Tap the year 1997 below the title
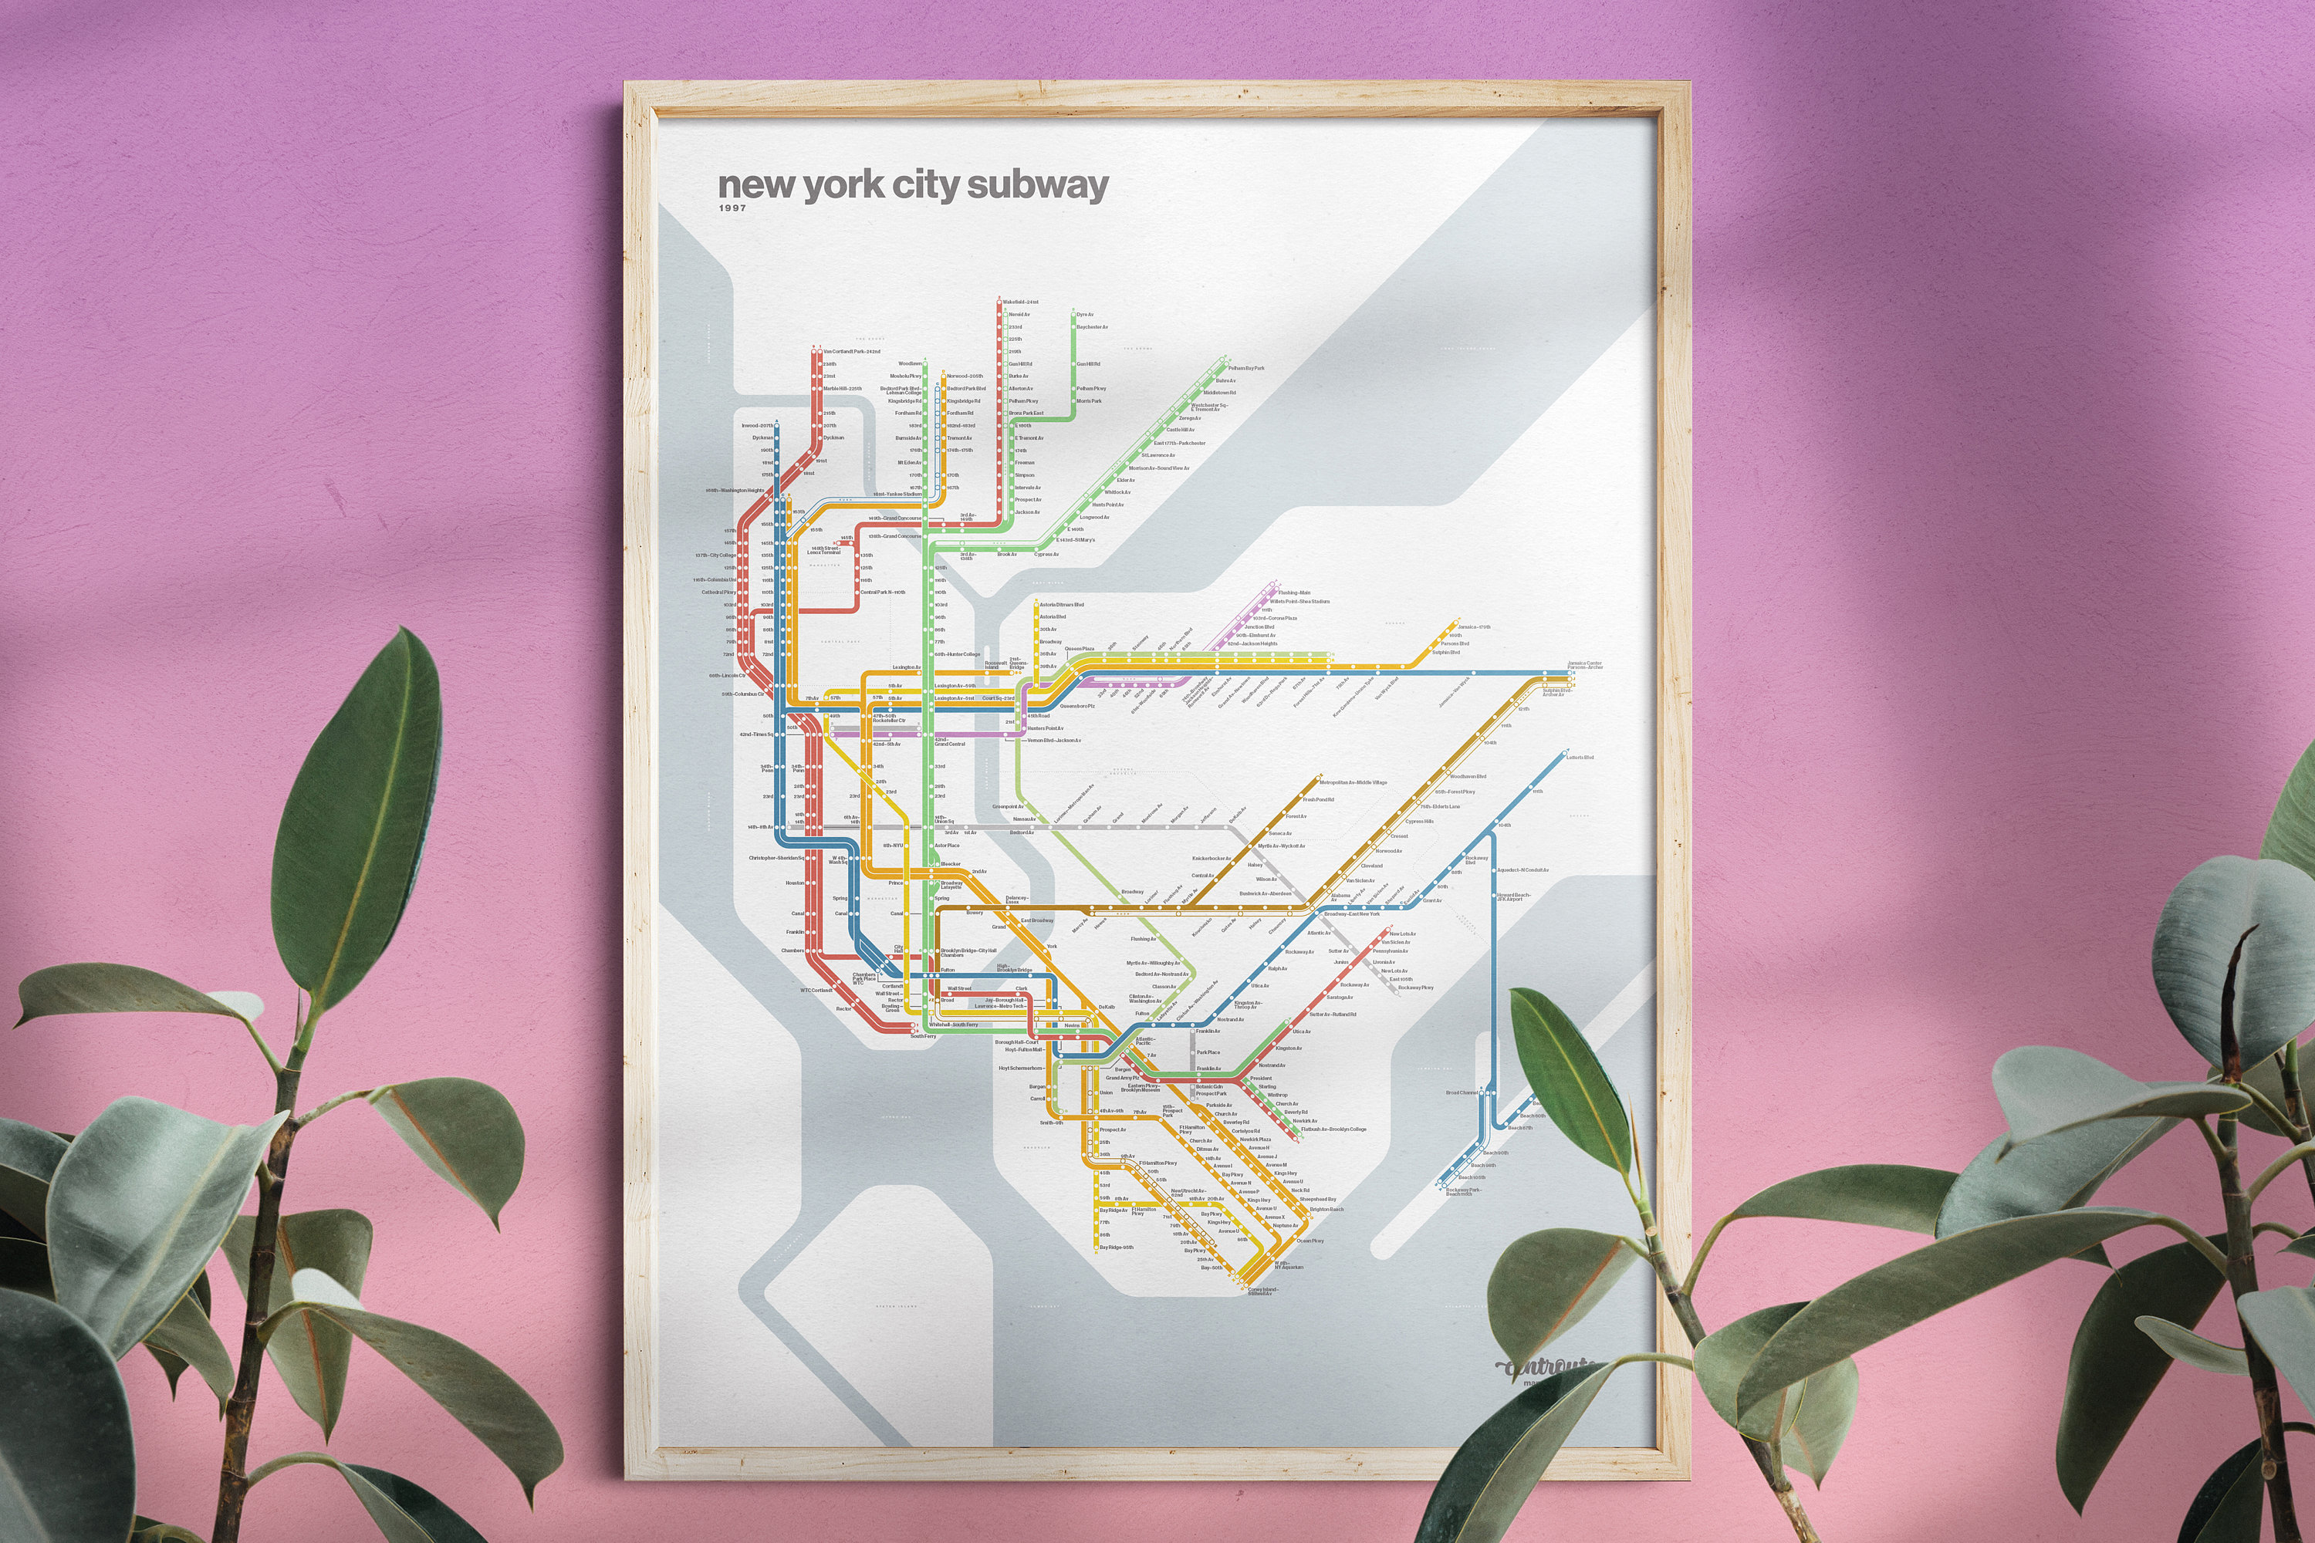[732, 208]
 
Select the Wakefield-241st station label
[1021, 302]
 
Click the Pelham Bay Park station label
[1246, 368]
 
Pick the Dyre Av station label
[1085, 315]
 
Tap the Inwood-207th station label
[757, 426]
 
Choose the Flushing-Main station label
[1294, 593]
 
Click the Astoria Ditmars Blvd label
[1062, 605]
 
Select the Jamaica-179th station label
[1475, 626]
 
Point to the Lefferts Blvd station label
[1580, 758]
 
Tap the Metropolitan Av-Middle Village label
[1354, 782]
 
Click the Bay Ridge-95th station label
[1116, 1248]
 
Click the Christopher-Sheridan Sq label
[776, 858]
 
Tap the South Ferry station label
[923, 1036]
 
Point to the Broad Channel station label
[1462, 1093]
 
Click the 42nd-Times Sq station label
[757, 734]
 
